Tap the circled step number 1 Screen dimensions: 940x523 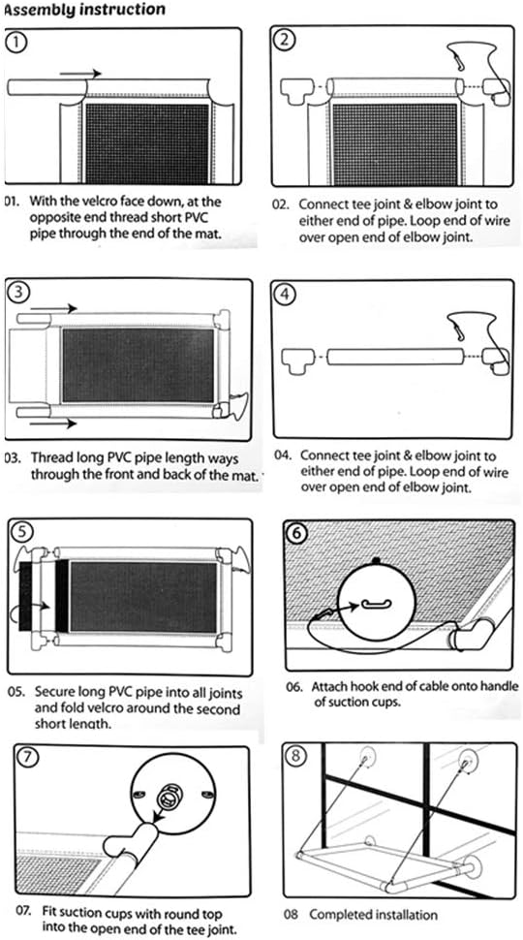[x=16, y=42]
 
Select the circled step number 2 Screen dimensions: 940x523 [x=284, y=40]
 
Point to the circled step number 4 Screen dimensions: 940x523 [x=285, y=294]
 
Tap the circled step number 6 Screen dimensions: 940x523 [x=296, y=532]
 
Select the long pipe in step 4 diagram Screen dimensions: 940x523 [x=390, y=358]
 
